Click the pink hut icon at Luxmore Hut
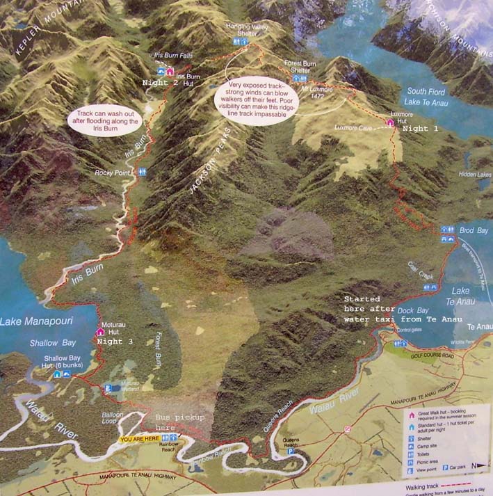[x=390, y=122]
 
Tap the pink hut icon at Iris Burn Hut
[x=170, y=71]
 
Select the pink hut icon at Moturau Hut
[x=99, y=331]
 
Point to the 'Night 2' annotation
[x=161, y=82]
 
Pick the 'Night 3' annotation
[x=119, y=342]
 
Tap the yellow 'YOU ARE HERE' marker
[x=139, y=440]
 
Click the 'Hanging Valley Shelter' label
[x=247, y=29]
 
